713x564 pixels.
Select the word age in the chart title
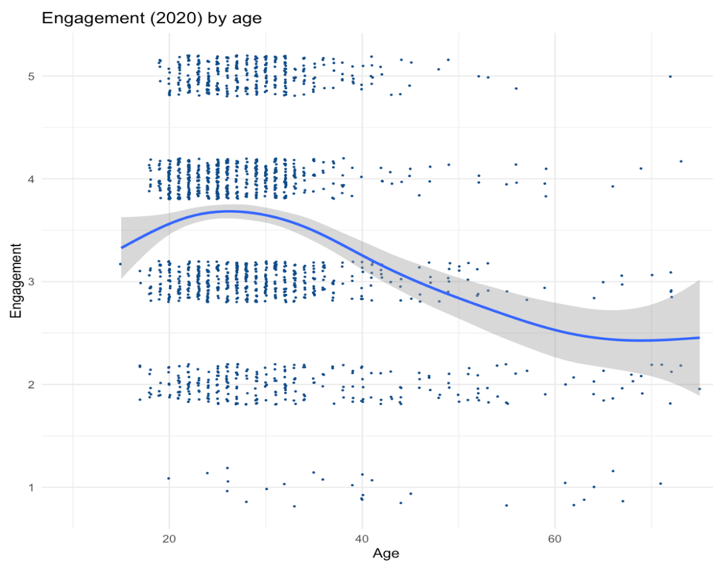246,19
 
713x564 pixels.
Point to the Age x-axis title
386,553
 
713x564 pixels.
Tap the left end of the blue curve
121,247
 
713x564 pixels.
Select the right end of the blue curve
700,338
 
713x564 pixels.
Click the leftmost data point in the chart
120,264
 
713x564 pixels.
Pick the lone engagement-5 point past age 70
670,76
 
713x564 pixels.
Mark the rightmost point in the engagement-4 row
681,161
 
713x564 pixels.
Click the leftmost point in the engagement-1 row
168,478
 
